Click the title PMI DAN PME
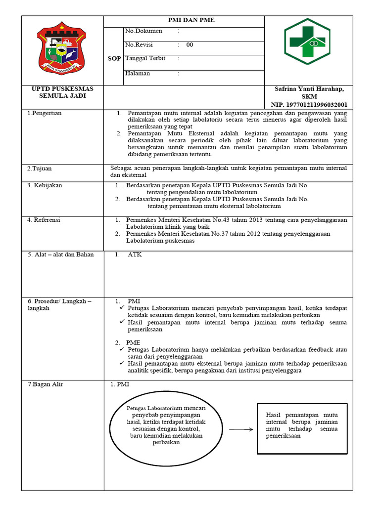[x=184, y=20]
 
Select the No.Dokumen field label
[x=143, y=31]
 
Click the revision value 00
[x=190, y=45]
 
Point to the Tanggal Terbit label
[x=145, y=58]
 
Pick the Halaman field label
[x=138, y=74]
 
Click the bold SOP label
[x=114, y=59]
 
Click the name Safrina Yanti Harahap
[x=309, y=88]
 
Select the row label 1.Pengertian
[x=45, y=113]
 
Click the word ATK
[x=135, y=255]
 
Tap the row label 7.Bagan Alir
[x=45, y=384]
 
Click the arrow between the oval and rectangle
[x=241, y=429]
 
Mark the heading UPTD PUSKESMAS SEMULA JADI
[x=62, y=92]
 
